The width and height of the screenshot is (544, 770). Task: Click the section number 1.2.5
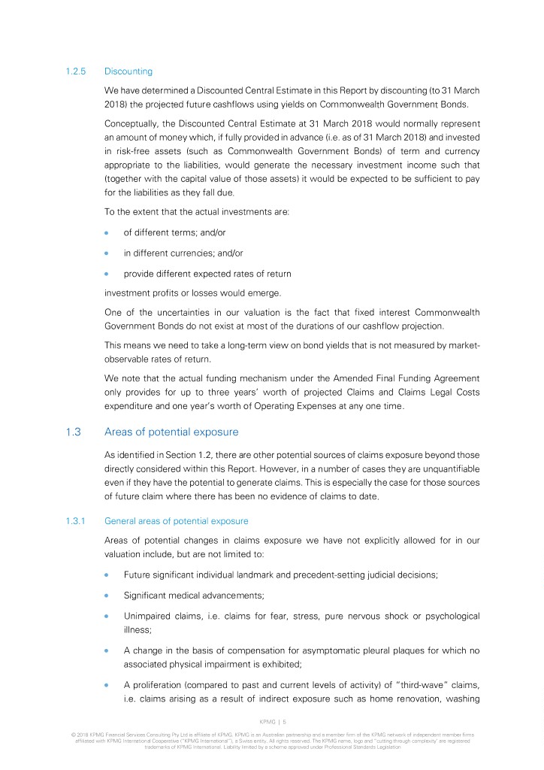coord(77,71)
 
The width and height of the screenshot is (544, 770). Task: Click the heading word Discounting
coord(128,71)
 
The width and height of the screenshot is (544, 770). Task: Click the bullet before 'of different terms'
coord(108,233)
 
